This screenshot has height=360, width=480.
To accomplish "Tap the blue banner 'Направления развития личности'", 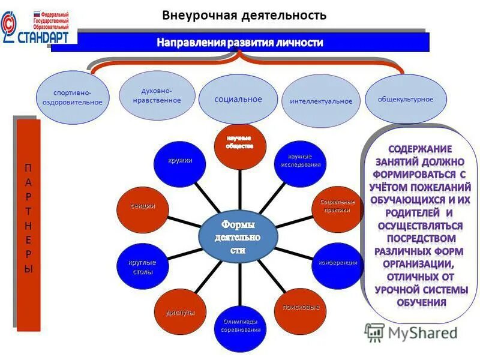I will (x=240, y=43).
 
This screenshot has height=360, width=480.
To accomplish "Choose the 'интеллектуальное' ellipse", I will (x=321, y=101).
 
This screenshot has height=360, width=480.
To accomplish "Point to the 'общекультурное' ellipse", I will (x=406, y=99).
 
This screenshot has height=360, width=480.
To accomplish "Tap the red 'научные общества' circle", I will (x=240, y=144).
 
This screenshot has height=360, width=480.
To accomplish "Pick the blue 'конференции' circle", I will (x=337, y=263).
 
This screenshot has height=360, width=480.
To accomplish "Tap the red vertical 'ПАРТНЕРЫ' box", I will (x=28, y=225).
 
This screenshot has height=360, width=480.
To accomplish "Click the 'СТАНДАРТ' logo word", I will (x=44, y=35).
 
